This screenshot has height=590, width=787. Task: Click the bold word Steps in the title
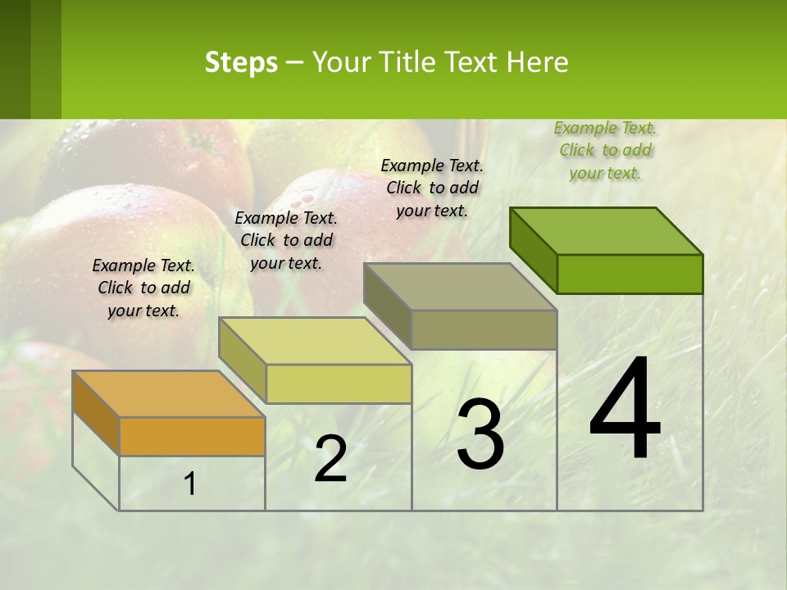point(241,62)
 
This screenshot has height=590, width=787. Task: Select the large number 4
point(625,410)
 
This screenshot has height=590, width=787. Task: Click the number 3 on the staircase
point(480,435)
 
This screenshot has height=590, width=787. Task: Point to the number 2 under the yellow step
point(330,459)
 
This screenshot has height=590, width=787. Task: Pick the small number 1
point(190,484)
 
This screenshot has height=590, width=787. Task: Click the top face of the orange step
point(168,394)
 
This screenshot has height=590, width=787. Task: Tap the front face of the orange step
point(192,436)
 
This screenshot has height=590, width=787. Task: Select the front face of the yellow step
point(339,383)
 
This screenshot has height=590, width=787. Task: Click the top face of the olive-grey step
point(460,287)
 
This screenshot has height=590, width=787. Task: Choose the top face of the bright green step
point(606,231)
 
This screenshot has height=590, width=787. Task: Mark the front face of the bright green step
point(630,274)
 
